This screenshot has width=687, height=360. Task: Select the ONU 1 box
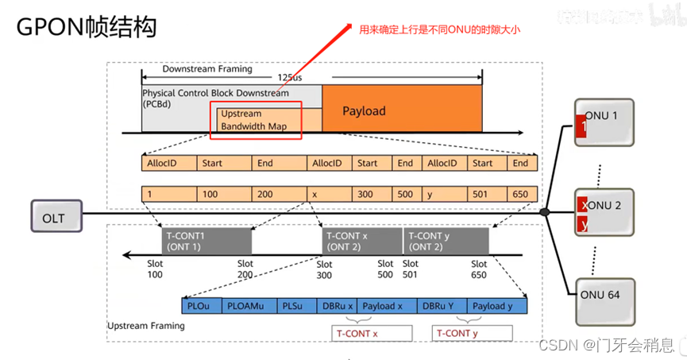604,122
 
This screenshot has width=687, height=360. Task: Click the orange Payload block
402,110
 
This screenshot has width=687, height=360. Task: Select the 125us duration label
290,79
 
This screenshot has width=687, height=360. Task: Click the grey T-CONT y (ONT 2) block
446,241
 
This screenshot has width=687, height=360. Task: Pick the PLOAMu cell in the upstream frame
249,305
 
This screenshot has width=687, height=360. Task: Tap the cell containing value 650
520,194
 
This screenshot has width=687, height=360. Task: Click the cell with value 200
279,194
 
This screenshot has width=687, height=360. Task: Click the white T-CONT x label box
371,333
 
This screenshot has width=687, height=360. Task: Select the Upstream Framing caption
146,326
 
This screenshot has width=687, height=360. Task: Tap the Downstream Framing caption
201,68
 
